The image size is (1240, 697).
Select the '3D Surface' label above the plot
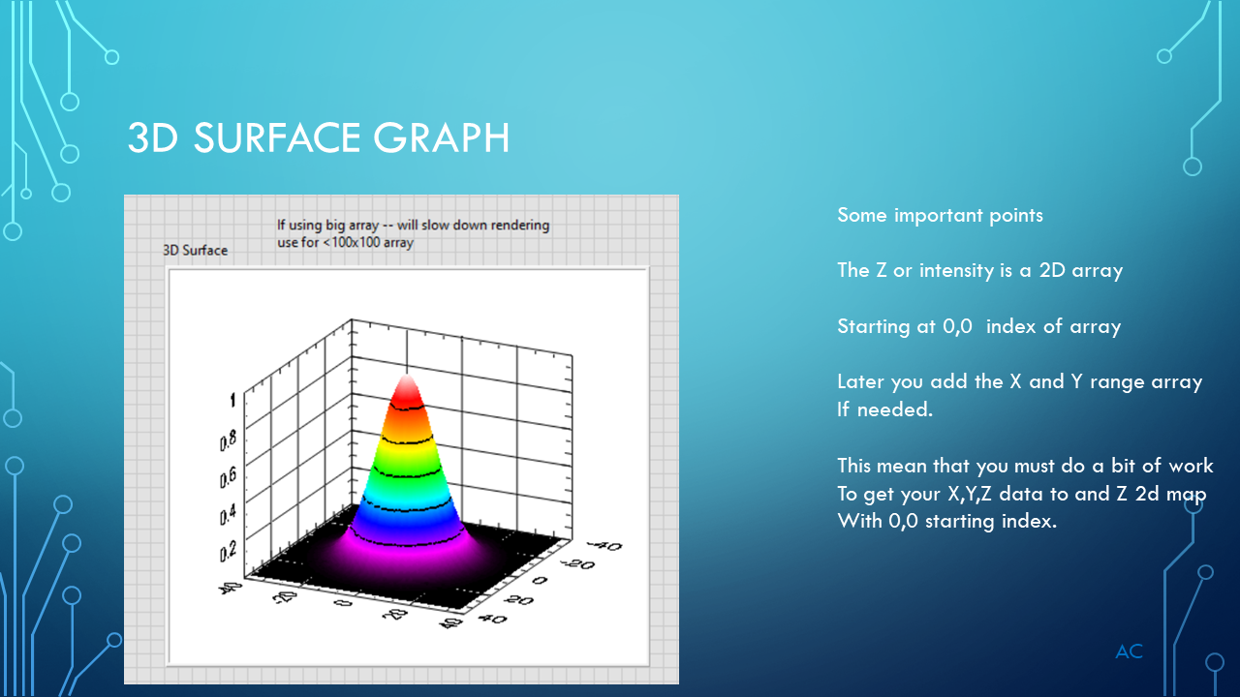tap(195, 250)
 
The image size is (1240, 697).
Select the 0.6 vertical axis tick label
tap(227, 477)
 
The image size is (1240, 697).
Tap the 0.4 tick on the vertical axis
tap(227, 514)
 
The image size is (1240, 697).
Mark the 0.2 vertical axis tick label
tap(227, 551)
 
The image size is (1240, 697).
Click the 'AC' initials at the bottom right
tap(1129, 652)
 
